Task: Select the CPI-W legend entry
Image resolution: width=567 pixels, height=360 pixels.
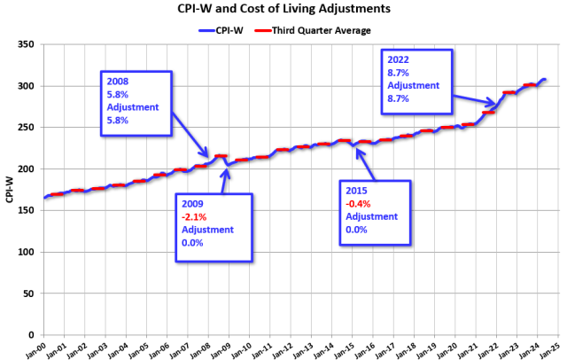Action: click(222, 29)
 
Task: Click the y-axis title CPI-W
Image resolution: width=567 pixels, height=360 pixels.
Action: click(10, 189)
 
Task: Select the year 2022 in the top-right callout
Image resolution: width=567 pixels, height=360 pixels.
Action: click(399, 60)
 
